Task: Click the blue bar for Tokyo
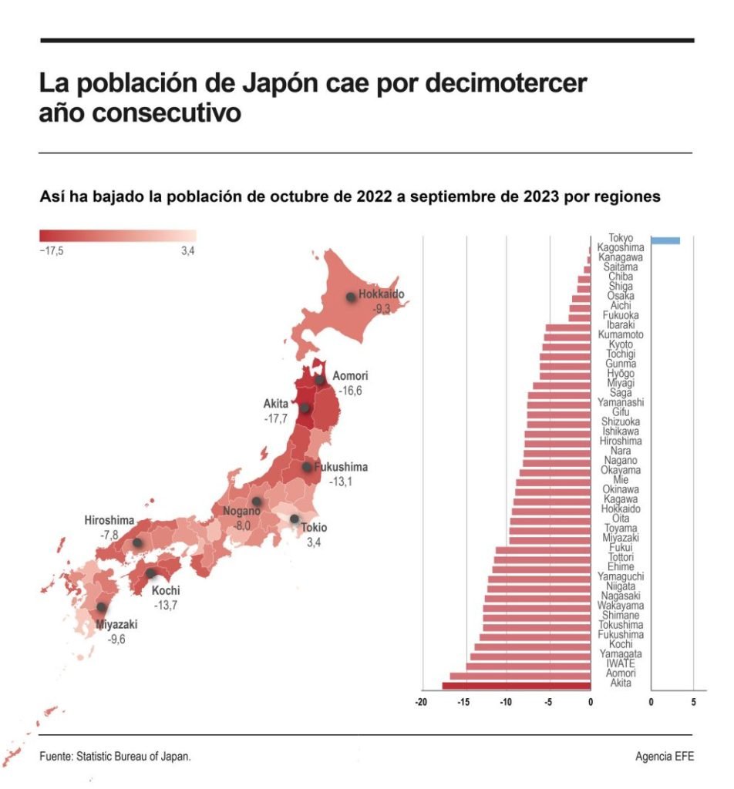tap(665, 240)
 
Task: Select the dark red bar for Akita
tap(517, 685)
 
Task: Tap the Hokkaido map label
tap(381, 294)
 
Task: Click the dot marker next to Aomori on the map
tap(319, 380)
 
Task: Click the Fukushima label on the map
tap(341, 467)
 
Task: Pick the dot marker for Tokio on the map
tap(295, 519)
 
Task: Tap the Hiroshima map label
tap(109, 521)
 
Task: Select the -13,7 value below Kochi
tap(166, 606)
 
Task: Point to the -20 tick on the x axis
tap(421, 702)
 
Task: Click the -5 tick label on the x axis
tap(548, 702)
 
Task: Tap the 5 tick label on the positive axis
tap(693, 702)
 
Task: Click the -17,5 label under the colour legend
tap(52, 251)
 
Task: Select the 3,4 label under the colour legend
tap(188, 251)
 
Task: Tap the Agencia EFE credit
tap(664, 756)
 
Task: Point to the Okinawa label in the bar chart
tap(621, 489)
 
